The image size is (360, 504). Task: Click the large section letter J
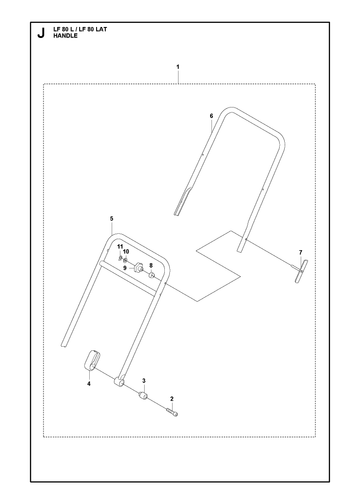click(x=41, y=33)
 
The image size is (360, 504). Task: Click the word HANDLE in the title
click(x=65, y=36)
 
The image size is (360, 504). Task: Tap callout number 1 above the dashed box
click(x=178, y=67)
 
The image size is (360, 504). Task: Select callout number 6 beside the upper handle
click(x=211, y=116)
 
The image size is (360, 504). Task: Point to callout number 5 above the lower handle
click(x=112, y=219)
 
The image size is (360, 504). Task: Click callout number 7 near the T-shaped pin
click(x=300, y=252)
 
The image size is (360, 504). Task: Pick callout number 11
click(x=120, y=246)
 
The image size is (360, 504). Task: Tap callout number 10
click(x=126, y=251)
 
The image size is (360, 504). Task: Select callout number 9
click(x=125, y=268)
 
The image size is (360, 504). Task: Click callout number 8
click(x=151, y=265)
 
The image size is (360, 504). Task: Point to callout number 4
click(x=89, y=384)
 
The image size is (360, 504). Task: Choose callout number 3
click(x=144, y=381)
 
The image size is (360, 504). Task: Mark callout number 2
click(x=172, y=399)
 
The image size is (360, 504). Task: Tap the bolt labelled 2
click(x=173, y=412)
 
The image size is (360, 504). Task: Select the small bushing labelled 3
click(x=143, y=396)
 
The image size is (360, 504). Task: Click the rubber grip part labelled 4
click(x=92, y=360)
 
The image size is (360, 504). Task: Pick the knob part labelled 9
click(x=138, y=267)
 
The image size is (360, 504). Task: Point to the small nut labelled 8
click(x=151, y=275)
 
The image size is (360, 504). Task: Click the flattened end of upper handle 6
click(x=182, y=202)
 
